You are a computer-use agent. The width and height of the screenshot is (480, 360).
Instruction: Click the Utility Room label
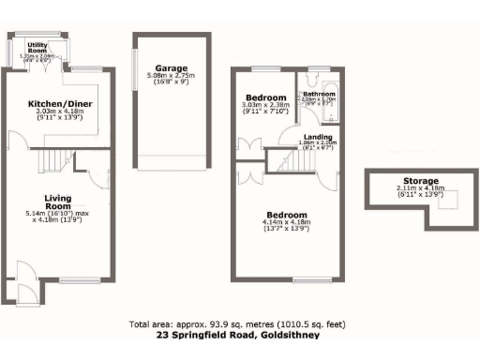click(x=38, y=48)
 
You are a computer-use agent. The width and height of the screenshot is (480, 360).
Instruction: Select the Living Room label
click(x=59, y=202)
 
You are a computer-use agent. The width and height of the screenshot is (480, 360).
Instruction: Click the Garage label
click(x=172, y=68)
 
